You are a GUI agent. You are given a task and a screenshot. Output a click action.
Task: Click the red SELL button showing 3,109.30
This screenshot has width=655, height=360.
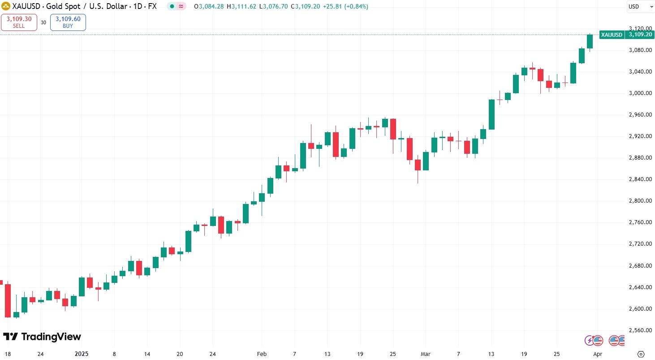[x=19, y=22]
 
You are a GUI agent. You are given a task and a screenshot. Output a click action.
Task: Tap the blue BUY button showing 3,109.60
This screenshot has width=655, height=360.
[x=68, y=22]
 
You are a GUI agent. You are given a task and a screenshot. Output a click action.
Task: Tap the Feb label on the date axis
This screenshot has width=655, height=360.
[x=262, y=354]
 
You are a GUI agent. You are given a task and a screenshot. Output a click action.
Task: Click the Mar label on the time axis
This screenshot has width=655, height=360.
[x=426, y=354]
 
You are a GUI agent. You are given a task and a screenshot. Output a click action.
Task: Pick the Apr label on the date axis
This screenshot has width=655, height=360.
[x=598, y=354]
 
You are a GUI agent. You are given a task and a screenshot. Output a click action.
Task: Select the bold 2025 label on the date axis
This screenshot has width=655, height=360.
[x=82, y=354]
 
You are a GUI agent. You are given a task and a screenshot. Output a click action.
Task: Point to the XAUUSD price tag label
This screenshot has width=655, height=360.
[x=612, y=35]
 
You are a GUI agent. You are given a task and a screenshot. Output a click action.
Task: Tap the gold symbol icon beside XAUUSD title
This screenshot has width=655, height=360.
[x=6, y=7]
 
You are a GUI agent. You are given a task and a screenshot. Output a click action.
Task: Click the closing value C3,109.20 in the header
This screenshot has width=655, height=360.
[x=305, y=7]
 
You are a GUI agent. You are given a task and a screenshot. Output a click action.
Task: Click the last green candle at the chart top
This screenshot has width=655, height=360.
[x=590, y=41]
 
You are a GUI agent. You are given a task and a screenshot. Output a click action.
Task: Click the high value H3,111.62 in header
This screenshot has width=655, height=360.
[x=242, y=7]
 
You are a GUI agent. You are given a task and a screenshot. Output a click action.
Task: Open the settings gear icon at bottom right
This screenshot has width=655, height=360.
[x=641, y=354]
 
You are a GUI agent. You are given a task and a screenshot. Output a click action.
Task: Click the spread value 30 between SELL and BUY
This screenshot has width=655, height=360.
[x=43, y=22]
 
